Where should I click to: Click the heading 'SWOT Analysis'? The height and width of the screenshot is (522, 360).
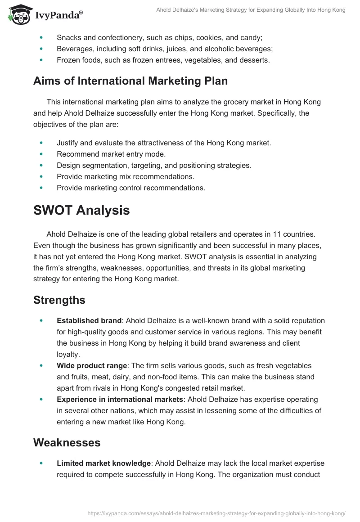[81, 210]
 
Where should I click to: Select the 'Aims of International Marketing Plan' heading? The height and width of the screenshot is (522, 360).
[130, 81]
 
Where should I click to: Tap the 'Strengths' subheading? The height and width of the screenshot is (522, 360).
[59, 300]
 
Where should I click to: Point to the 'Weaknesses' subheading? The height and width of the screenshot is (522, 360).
[67, 442]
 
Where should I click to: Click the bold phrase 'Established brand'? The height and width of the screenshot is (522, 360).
[89, 321]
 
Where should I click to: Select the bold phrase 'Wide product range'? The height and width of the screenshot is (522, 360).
[92, 365]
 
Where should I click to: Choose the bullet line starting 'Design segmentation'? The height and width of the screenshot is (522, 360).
[154, 165]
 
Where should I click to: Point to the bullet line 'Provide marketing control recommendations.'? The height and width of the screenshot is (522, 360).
[131, 188]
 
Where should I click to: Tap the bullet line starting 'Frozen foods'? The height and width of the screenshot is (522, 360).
[163, 60]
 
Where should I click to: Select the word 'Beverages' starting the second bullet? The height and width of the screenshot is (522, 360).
[74, 49]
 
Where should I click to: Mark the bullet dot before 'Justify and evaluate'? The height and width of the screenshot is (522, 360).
[42, 143]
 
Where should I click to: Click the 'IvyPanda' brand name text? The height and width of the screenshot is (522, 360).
[58, 16]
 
